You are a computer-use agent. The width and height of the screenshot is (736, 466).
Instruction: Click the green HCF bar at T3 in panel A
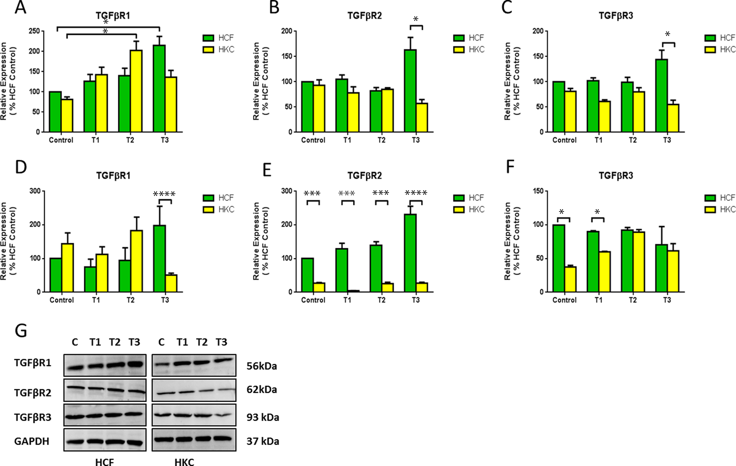(x=159, y=89)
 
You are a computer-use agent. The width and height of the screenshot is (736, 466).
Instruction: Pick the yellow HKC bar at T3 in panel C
(x=673, y=118)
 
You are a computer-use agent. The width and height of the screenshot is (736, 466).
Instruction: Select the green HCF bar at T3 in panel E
(x=410, y=253)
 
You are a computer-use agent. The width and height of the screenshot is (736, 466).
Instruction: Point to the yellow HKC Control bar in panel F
(x=570, y=279)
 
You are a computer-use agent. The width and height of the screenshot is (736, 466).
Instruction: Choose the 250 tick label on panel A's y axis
(x=34, y=31)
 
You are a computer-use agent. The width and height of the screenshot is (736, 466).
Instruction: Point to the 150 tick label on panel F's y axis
(x=538, y=191)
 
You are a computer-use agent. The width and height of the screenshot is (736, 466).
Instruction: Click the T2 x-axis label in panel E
(x=381, y=300)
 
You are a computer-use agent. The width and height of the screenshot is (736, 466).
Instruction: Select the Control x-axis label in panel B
(x=313, y=140)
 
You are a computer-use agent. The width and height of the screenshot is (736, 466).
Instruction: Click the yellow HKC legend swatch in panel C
(x=710, y=50)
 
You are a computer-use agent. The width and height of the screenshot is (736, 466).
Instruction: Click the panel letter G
(x=21, y=331)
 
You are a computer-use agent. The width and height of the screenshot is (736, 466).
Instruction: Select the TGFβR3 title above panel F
(x=616, y=176)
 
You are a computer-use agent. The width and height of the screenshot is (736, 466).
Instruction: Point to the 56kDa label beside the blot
(x=262, y=366)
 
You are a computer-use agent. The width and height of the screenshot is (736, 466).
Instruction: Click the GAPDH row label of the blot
(x=32, y=441)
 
